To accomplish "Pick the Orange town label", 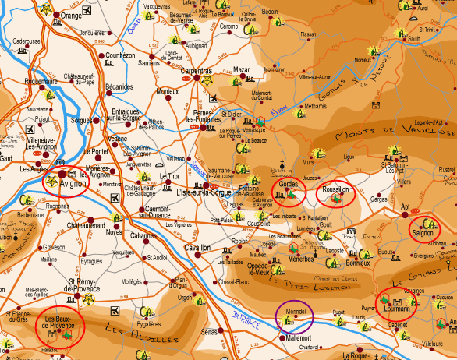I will tap(71, 15).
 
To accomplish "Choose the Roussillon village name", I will tap(336, 189).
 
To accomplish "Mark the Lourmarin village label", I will tap(397, 309).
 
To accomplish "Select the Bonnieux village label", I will tap(357, 263).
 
